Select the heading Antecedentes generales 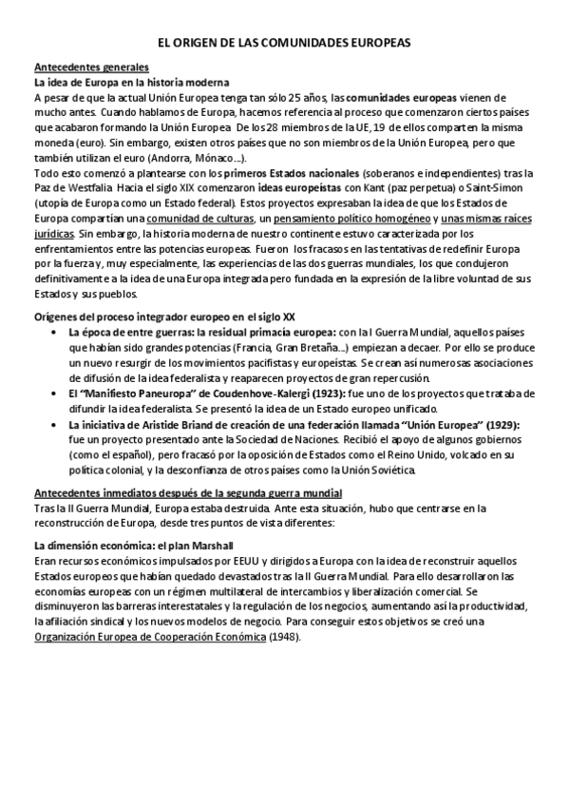point(90,68)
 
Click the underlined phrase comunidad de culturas point(186,218)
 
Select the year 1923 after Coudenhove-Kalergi point(336,393)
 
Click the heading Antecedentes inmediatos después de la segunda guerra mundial point(187,491)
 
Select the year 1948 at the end point(282,637)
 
